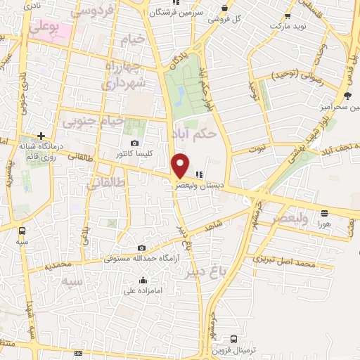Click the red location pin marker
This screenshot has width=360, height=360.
pos(181,165)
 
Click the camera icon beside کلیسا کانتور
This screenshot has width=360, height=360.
pos(124,153)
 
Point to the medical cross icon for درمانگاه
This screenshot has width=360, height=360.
pos(41,135)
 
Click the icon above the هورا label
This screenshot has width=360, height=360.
pos(323,213)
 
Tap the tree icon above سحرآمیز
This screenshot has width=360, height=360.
pos(347,96)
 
